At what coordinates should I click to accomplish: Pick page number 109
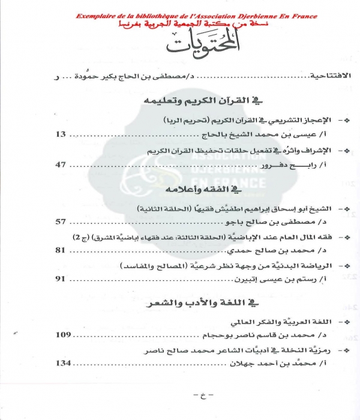[x=64, y=334]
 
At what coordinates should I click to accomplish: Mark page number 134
[x=64, y=363]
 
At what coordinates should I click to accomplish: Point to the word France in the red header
[x=302, y=16]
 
